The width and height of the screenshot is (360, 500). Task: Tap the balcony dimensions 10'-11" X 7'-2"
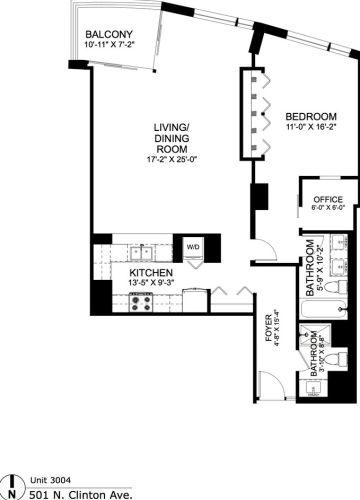click(110, 45)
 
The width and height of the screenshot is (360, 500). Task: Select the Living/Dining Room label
click(172, 139)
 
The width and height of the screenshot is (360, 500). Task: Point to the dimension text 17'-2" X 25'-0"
click(172, 162)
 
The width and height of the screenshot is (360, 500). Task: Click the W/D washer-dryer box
click(192, 247)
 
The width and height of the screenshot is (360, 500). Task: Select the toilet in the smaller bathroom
click(339, 359)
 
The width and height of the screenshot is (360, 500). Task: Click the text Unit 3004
click(46, 479)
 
